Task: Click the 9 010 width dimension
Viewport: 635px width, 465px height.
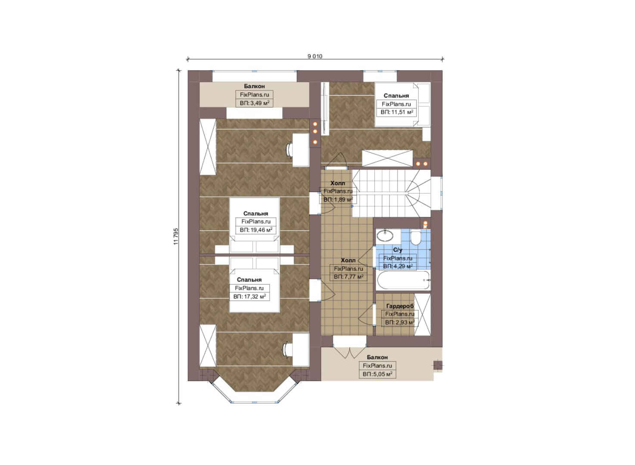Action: tap(315, 56)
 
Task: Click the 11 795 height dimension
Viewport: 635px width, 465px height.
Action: tap(176, 236)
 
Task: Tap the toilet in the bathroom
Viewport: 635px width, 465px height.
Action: tap(416, 238)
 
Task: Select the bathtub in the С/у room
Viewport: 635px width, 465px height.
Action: tap(403, 280)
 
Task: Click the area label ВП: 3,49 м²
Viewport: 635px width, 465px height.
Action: tap(255, 103)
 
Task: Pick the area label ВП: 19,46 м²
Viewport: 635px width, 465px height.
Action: tap(256, 230)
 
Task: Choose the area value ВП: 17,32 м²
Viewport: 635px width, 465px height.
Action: tap(250, 297)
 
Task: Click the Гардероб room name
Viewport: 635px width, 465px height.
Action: tap(400, 306)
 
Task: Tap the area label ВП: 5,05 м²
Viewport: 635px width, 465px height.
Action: tap(378, 374)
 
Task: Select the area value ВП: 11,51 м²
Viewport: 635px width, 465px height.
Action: tap(397, 112)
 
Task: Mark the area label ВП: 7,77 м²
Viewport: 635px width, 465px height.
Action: tap(349, 276)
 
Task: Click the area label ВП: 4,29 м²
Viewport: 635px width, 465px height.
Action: tap(398, 267)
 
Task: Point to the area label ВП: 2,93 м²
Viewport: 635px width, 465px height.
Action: tap(400, 322)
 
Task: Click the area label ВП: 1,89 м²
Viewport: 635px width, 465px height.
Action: tap(338, 199)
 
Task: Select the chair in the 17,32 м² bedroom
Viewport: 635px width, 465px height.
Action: tap(289, 350)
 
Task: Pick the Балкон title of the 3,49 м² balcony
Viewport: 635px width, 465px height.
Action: tap(254, 86)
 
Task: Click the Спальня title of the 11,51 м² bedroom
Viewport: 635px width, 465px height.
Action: tap(396, 96)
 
